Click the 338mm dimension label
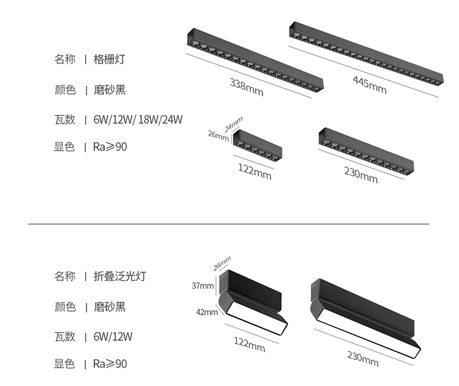246,86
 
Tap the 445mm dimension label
369,85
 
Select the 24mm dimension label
233,124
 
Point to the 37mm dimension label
203,286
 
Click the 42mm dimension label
206,312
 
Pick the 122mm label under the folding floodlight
249,344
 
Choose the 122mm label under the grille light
254,171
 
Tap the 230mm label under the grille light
361,174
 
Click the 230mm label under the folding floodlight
363,358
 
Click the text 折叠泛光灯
120,276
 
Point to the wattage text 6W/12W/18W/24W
138,120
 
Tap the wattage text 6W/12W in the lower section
113,337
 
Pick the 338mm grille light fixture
253,62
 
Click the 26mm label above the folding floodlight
222,262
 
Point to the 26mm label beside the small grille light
218,135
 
